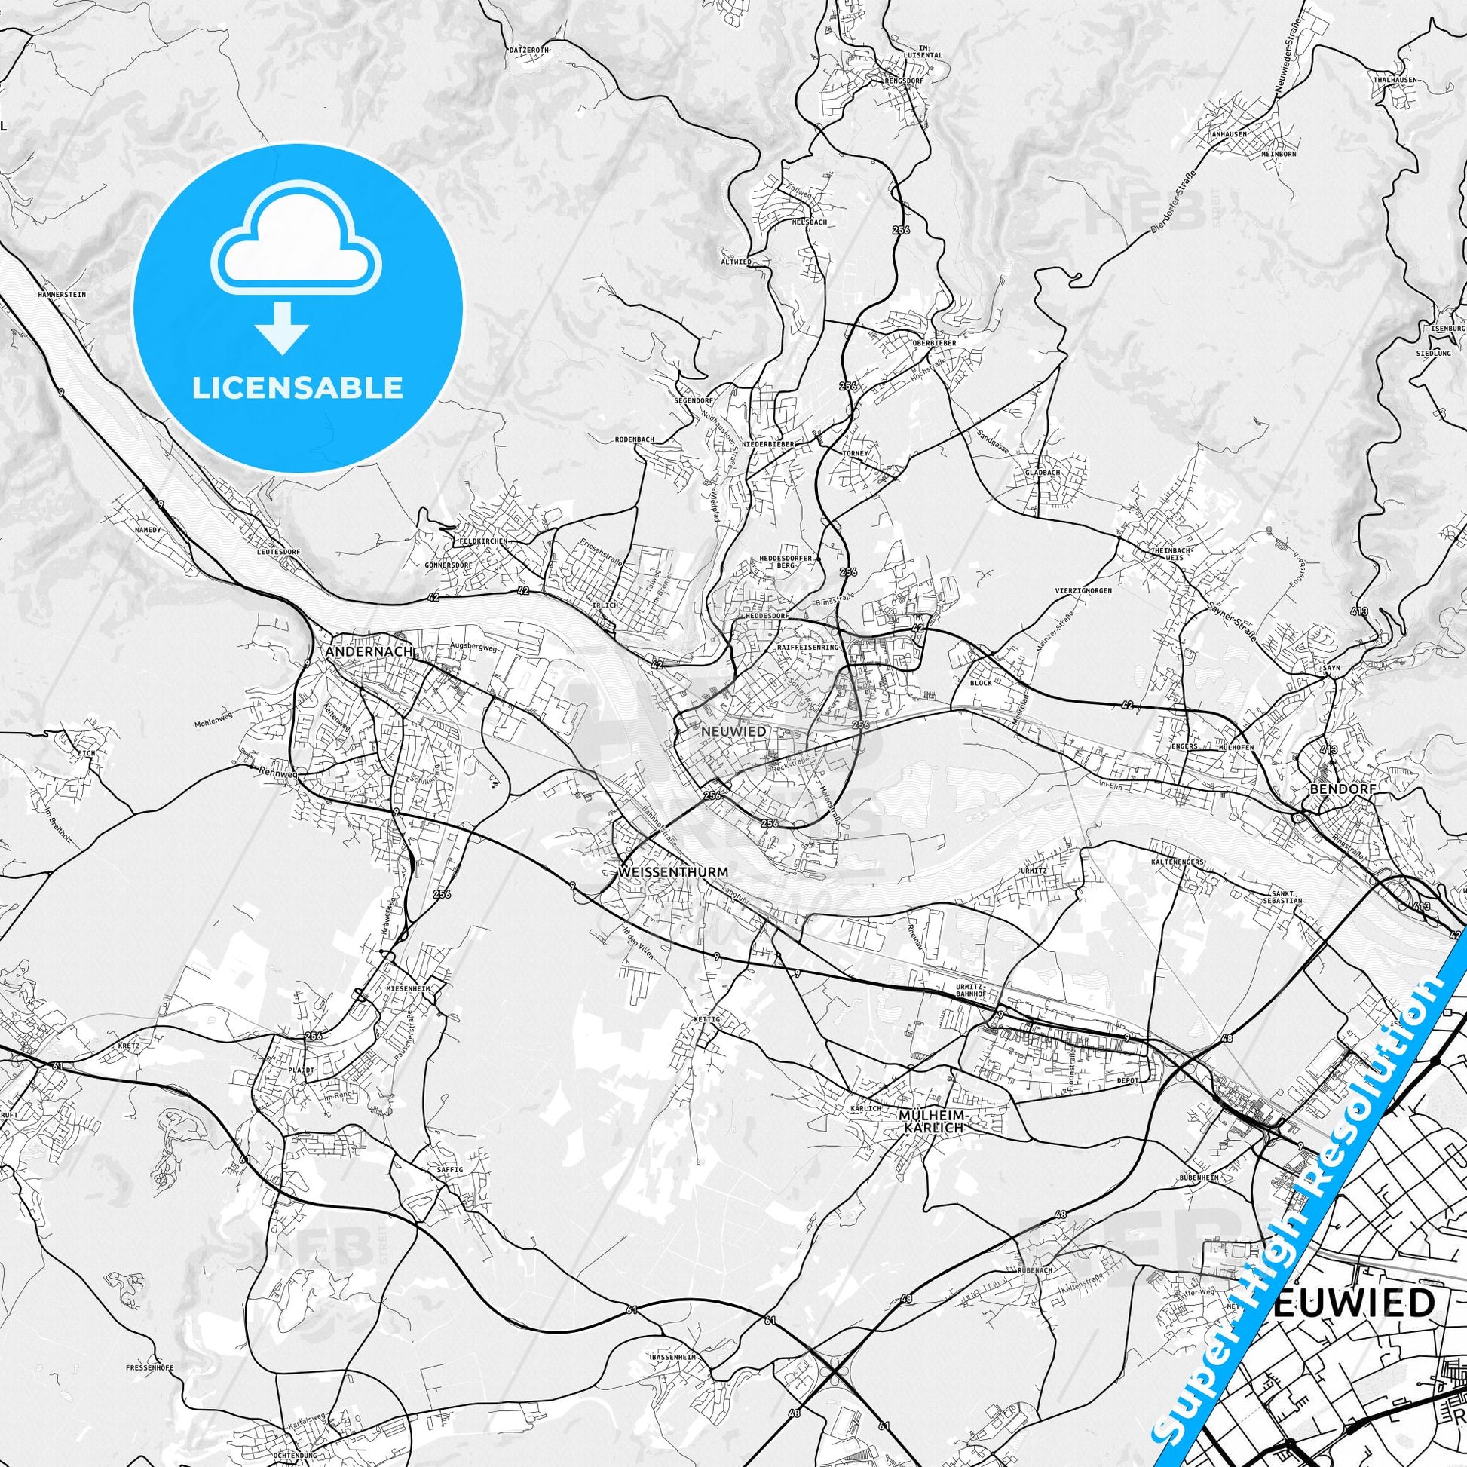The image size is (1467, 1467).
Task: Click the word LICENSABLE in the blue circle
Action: (x=297, y=388)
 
